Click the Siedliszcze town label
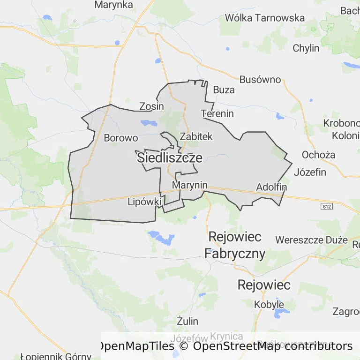[x=170, y=158]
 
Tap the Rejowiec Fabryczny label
[x=235, y=245]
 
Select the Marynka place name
[x=114, y=5]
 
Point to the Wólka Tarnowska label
[x=265, y=18]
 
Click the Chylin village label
[x=306, y=48]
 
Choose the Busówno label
[x=260, y=79]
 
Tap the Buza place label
[x=224, y=90]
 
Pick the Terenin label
[x=217, y=113]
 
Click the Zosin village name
[x=152, y=106]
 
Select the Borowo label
[x=121, y=138]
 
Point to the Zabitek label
[x=196, y=136]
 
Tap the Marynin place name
[x=189, y=185]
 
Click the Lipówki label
[x=144, y=202]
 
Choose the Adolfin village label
[x=271, y=187]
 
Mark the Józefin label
[x=310, y=172]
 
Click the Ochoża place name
[x=318, y=155]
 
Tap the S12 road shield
[x=326, y=206]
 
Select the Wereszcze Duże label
[x=312, y=240]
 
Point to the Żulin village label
[x=187, y=321]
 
